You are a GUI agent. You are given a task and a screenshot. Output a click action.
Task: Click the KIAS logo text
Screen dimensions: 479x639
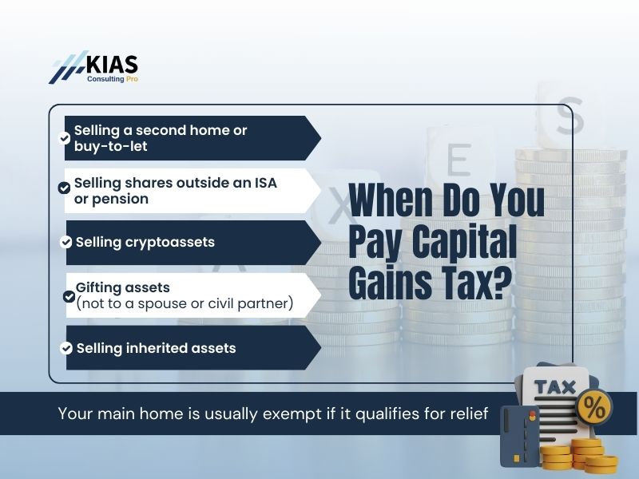(111, 63)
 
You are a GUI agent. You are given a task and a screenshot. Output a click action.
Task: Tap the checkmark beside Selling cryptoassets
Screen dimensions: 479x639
(66, 242)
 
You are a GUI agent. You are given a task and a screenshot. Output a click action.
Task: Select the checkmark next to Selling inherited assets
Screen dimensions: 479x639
(66, 348)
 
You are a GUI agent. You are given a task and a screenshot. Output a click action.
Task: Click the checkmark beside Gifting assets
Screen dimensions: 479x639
(69, 296)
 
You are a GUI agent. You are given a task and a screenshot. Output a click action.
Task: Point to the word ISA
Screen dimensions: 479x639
(264, 183)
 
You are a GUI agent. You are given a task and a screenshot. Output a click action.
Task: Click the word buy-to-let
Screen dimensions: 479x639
(111, 147)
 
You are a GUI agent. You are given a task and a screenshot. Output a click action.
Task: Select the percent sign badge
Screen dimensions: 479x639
(594, 408)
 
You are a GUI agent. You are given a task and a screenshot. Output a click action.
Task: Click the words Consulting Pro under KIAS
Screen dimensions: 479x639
(113, 80)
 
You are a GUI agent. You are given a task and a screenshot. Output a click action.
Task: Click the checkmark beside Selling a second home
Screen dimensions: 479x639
(65, 137)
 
